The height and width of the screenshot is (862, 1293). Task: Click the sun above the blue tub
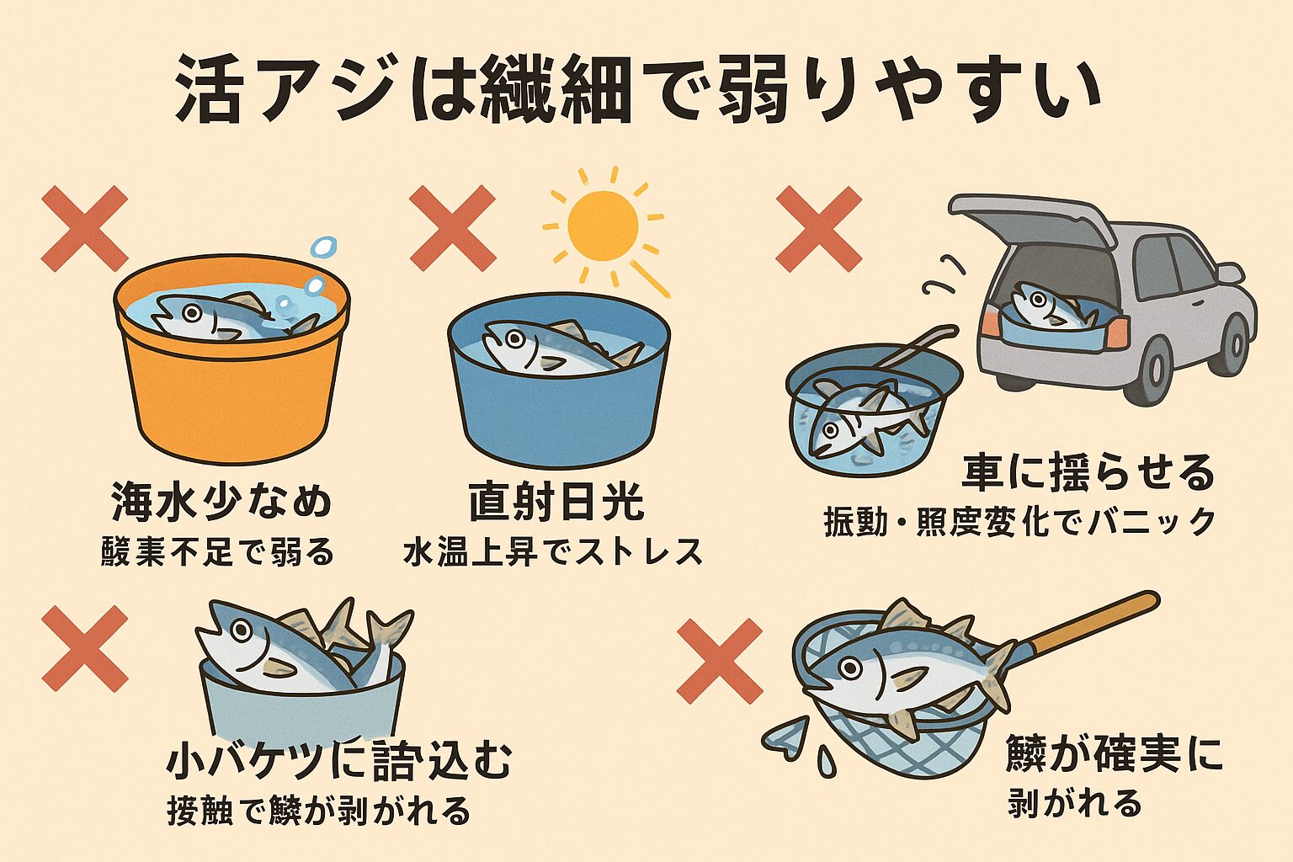pos(603,226)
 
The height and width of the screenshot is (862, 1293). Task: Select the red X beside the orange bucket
pos(84,229)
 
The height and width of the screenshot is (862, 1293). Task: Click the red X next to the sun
pos(452,228)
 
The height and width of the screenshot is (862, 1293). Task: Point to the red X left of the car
pos(818,228)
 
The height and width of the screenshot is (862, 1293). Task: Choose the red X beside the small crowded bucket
pos(84,648)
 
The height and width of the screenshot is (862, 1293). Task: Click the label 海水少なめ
pos(221,503)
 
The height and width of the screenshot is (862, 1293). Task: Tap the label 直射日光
pos(556,503)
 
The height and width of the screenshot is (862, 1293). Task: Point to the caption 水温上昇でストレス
pos(553,552)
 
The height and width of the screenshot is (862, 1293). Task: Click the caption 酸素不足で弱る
pos(218,553)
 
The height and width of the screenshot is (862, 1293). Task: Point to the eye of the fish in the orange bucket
pos(193,312)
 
